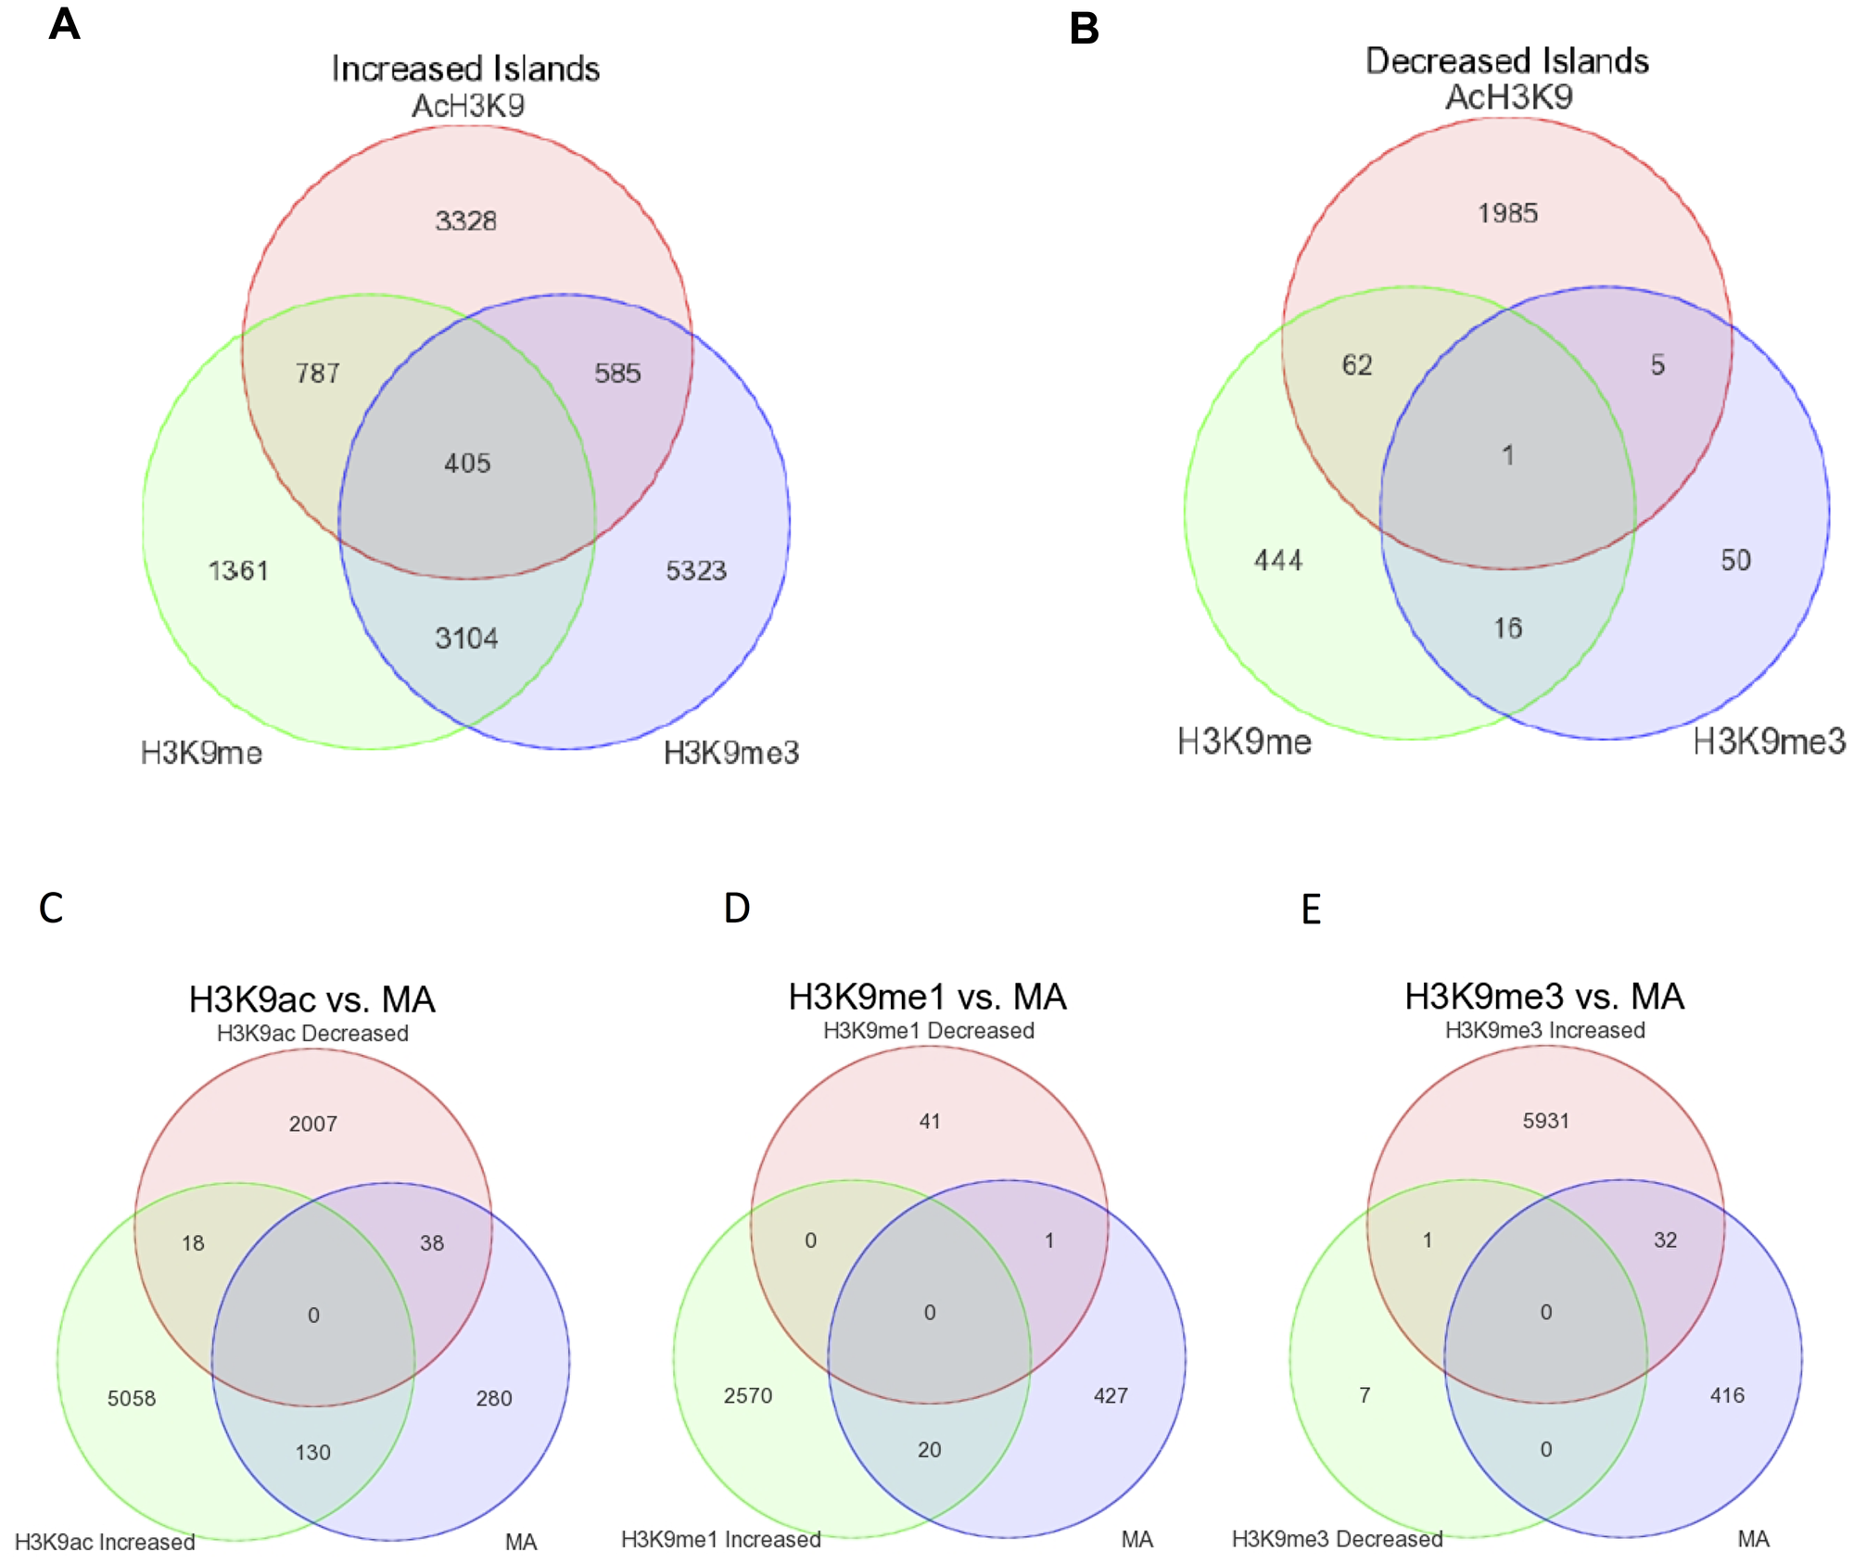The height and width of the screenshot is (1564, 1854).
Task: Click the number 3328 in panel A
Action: click(x=465, y=221)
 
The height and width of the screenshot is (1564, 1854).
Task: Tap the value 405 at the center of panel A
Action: click(x=467, y=463)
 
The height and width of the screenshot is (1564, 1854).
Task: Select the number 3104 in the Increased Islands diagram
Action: click(x=466, y=638)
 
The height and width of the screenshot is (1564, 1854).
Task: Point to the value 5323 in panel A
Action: click(x=696, y=570)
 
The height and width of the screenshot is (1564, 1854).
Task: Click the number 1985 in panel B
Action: click(x=1507, y=213)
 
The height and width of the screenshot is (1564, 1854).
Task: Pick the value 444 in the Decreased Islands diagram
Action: click(x=1278, y=560)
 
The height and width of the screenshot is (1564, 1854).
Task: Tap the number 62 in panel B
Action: click(x=1357, y=364)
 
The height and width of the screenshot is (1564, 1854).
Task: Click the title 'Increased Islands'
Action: click(x=465, y=69)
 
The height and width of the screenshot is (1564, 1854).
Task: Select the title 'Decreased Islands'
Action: click(x=1507, y=61)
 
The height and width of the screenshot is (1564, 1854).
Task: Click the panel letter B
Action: click(x=1084, y=29)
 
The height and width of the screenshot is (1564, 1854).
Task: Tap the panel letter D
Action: click(x=736, y=909)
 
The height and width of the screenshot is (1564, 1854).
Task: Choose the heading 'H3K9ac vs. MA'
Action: click(x=312, y=999)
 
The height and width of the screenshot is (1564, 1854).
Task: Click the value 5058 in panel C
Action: click(x=132, y=1398)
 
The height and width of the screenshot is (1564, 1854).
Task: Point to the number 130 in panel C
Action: click(x=312, y=1452)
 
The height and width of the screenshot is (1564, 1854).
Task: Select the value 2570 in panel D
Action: click(x=748, y=1395)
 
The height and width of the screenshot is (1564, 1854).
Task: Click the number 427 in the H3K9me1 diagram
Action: click(x=1111, y=1395)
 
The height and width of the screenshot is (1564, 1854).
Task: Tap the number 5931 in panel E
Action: click(x=1545, y=1121)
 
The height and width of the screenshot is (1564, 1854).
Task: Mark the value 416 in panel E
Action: click(x=1727, y=1395)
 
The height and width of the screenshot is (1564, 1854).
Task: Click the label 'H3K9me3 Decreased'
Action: click(x=1337, y=1539)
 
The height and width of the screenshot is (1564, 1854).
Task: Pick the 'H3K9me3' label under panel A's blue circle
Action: click(x=731, y=753)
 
